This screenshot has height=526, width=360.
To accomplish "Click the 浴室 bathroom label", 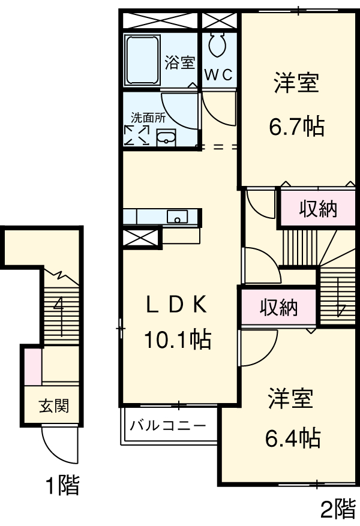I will [x=180, y=62].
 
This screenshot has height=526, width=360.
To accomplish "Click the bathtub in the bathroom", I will [x=143, y=60].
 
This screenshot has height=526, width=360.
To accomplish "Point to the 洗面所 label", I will [x=148, y=118].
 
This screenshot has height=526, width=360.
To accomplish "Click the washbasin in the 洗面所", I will [x=166, y=139].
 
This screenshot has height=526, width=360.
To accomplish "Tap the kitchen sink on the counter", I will [x=177, y=217].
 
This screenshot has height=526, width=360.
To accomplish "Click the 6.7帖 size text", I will [x=296, y=126].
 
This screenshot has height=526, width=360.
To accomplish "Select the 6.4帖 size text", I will [x=292, y=438].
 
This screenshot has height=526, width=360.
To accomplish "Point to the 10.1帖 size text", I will [x=176, y=340].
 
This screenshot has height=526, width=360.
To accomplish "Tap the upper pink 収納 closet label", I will [x=318, y=209].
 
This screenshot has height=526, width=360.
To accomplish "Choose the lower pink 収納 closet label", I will [x=278, y=308].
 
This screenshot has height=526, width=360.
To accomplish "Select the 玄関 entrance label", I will [x=54, y=406].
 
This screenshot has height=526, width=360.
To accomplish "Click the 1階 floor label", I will [x=62, y=485].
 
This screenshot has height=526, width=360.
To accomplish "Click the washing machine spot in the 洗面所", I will [x=136, y=134].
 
